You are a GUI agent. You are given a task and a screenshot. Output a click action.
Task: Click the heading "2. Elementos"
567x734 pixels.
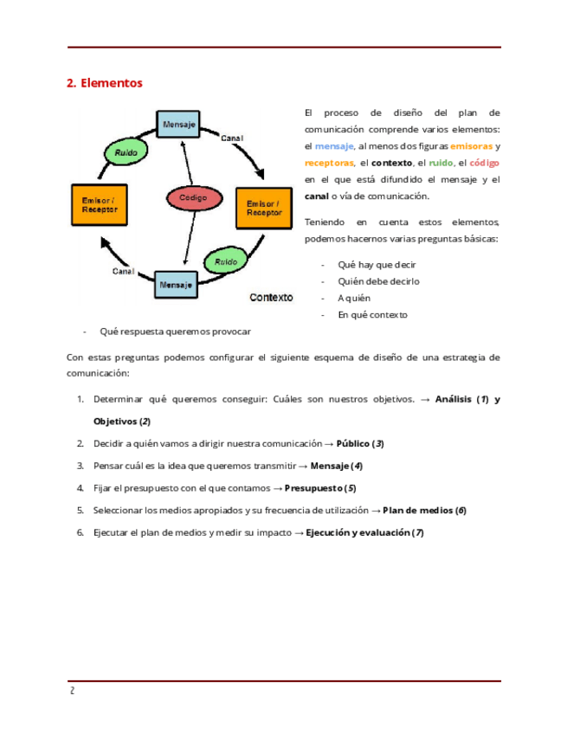click(x=104, y=84)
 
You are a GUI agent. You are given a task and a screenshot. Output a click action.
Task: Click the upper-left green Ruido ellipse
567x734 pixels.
click(x=126, y=152)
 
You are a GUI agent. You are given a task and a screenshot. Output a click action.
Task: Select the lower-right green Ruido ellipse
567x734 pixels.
click(x=226, y=260)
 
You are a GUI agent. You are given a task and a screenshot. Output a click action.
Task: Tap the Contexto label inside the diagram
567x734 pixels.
click(x=271, y=297)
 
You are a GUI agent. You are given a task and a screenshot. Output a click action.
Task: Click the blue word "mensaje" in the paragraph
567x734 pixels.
click(x=334, y=146)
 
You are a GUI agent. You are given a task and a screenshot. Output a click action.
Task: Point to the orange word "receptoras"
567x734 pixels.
click(x=329, y=163)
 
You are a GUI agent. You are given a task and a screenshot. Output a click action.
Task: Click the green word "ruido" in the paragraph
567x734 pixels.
click(x=441, y=163)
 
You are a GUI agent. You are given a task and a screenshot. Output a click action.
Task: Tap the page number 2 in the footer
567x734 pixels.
click(x=73, y=691)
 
